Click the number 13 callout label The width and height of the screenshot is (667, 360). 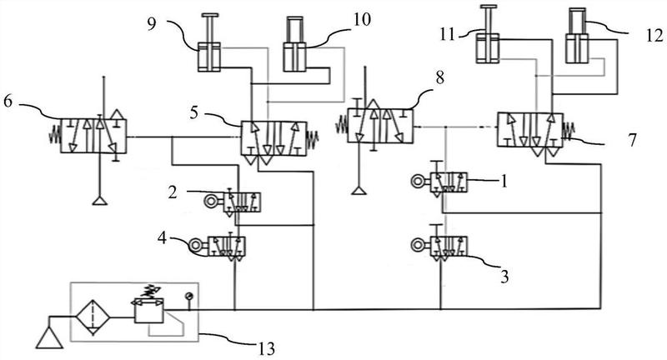pos(266,348)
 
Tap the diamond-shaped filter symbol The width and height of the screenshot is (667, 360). pos(93,317)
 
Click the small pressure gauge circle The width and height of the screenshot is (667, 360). pos(188,296)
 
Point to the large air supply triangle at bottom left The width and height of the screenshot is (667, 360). pos(49,337)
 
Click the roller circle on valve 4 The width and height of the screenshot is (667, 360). pos(196,245)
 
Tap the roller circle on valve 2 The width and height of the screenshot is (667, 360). pos(211,201)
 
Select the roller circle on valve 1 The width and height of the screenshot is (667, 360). pos(418,182)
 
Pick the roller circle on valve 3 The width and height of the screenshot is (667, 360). pos(418,245)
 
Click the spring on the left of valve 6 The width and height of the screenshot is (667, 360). pos(54,136)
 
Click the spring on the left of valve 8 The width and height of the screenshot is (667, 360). pos(342,126)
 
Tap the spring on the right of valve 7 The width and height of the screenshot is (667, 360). pos(569,130)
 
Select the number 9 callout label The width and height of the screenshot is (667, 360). pos(152,23)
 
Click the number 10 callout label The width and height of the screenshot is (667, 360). pos(362,19)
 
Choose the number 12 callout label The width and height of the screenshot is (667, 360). pos(654,35)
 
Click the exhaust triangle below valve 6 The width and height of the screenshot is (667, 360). pos(100,200)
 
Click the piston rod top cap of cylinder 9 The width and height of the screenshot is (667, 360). pos(211,16)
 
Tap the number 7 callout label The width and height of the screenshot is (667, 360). pos(633,140)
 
